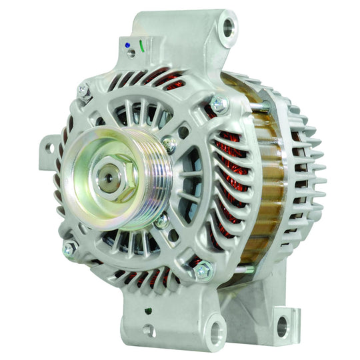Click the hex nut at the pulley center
pos(109,178)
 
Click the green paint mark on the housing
pos(142,47)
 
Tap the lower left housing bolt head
pos(69,249)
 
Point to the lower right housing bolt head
pos(202,270)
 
